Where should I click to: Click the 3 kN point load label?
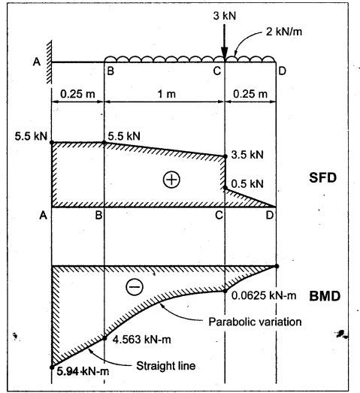225,16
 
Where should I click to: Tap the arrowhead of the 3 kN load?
225,54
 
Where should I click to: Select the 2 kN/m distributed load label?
284,32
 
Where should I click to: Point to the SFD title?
322,177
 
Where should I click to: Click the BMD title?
325,296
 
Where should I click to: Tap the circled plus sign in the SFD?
171,180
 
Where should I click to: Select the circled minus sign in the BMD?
135,286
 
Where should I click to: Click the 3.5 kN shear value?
247,155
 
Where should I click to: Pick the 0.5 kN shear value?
247,184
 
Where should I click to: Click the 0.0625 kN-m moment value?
264,295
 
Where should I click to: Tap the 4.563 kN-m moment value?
141,340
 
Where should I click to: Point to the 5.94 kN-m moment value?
83,371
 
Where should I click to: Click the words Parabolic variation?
255,322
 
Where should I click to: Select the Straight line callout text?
165,366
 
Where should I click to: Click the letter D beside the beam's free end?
282,71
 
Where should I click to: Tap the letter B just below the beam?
110,71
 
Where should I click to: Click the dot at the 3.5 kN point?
225,156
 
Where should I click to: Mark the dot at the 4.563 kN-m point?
104,338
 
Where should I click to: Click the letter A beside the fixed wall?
37,62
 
